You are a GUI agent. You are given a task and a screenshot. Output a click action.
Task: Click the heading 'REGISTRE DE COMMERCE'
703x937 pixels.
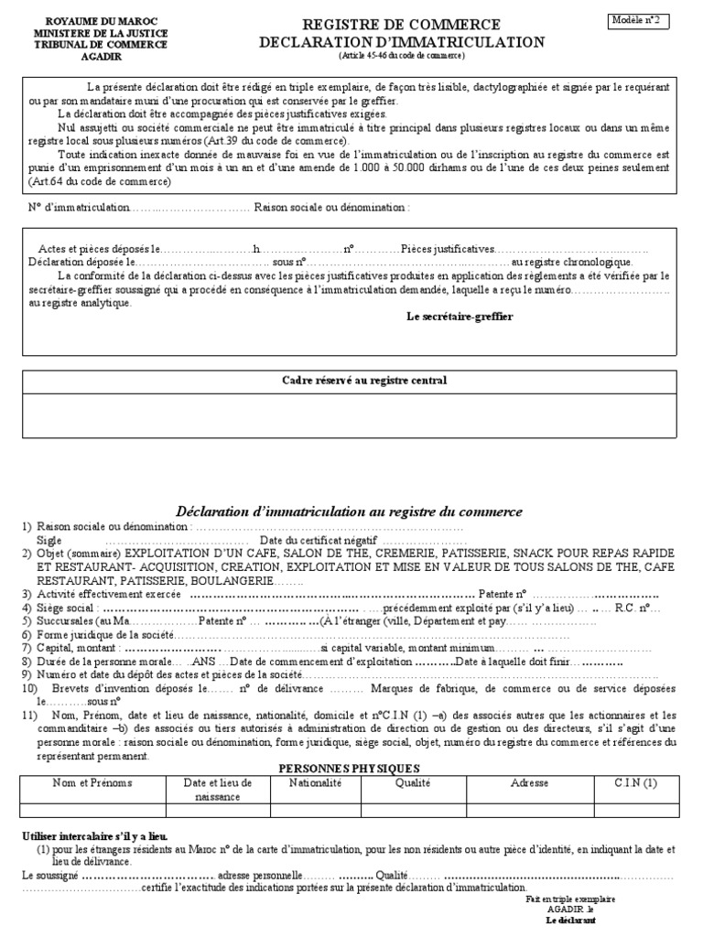click(402, 25)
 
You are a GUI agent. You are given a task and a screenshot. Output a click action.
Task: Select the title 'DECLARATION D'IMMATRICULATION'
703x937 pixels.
click(402, 42)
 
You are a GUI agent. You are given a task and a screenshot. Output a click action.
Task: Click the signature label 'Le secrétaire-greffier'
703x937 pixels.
click(460, 316)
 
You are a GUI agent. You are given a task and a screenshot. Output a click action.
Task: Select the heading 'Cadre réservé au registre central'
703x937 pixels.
click(363, 380)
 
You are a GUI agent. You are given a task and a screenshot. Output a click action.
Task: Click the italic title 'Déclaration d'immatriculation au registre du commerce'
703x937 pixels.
click(348, 512)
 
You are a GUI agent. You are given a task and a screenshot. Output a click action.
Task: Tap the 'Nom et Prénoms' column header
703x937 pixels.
click(92, 783)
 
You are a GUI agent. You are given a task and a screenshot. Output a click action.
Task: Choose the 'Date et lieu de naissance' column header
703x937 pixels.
click(218, 790)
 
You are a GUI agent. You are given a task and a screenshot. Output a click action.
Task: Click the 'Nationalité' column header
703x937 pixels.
click(315, 783)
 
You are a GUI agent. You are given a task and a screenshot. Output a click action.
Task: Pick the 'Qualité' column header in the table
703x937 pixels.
click(413, 783)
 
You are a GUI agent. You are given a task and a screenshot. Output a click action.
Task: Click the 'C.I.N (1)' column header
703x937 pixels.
click(636, 783)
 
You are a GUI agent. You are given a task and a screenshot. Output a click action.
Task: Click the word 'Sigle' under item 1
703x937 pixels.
click(49, 541)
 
